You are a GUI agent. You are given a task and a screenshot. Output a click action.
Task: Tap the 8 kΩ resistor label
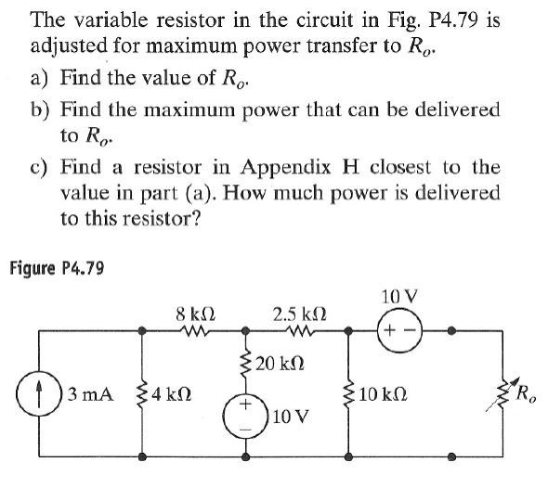click(190, 314)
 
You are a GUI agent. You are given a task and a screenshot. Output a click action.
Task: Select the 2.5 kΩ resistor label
click(296, 314)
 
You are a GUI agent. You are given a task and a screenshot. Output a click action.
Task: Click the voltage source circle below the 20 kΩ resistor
click(246, 412)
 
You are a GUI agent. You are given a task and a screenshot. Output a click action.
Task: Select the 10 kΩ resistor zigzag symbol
click(350, 393)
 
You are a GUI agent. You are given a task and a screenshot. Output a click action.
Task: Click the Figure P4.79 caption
click(57, 269)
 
